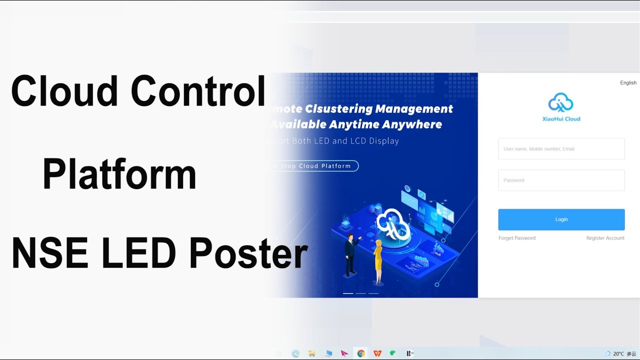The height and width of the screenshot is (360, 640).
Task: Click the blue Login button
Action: (x=561, y=219)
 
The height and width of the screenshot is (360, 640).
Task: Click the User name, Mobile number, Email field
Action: (x=561, y=149)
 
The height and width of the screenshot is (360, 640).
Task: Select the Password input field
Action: (x=561, y=180)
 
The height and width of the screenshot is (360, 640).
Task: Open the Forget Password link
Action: (x=516, y=238)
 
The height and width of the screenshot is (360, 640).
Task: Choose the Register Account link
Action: (x=605, y=238)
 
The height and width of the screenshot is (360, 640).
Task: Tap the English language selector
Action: (x=628, y=83)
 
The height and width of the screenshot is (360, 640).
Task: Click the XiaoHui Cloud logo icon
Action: (x=561, y=102)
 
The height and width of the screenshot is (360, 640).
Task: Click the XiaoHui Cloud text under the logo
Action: (x=561, y=119)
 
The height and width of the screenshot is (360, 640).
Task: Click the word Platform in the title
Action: (x=119, y=175)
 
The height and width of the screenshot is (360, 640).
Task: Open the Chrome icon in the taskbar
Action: (x=360, y=353)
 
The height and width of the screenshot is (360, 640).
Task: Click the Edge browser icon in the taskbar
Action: (x=295, y=353)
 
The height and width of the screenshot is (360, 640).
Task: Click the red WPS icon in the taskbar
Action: (x=377, y=353)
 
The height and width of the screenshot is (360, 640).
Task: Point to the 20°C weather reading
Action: (x=618, y=353)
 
